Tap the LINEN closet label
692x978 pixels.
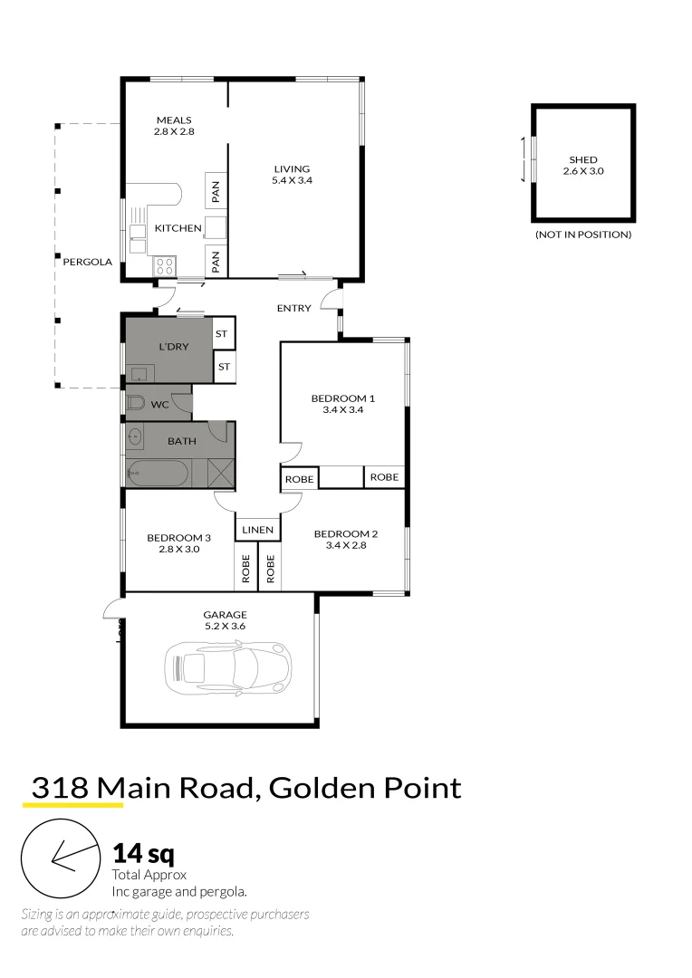click(x=258, y=529)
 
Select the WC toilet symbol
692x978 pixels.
click(x=134, y=404)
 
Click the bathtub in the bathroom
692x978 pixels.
click(x=158, y=472)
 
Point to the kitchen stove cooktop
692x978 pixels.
click(x=165, y=266)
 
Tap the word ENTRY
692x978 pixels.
click(x=293, y=308)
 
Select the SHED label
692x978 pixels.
click(x=582, y=159)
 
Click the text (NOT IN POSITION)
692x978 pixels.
click(x=582, y=235)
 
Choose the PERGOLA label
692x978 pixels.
click(x=87, y=262)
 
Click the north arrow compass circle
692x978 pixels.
click(x=60, y=858)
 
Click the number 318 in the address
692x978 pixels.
click(x=60, y=787)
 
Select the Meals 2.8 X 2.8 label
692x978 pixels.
click(x=174, y=126)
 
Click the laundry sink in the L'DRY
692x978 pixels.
click(x=138, y=372)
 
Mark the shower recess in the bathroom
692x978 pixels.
click(x=220, y=473)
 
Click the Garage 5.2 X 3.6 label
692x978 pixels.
click(x=225, y=620)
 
